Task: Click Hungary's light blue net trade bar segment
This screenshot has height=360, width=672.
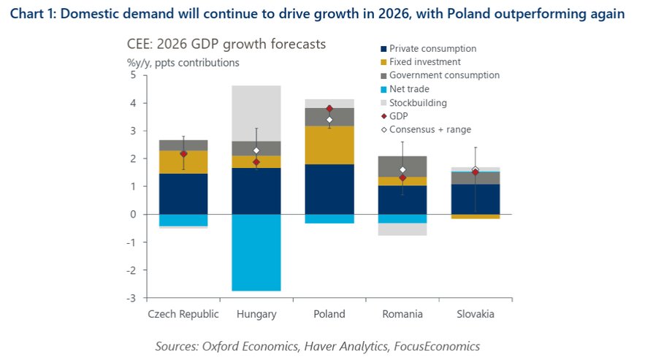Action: click(256, 252)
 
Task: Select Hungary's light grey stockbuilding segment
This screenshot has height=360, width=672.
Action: click(256, 113)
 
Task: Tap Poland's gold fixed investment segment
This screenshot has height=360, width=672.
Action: click(329, 145)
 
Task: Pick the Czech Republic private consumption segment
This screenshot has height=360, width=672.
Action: click(183, 194)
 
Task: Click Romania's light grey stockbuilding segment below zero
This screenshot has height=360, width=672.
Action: click(402, 229)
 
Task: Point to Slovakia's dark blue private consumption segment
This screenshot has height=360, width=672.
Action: click(476, 199)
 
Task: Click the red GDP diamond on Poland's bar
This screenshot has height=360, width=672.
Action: click(329, 109)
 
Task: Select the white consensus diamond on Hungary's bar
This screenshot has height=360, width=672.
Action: click(256, 150)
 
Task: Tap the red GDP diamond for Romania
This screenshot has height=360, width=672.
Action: click(402, 178)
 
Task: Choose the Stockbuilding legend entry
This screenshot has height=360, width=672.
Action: click(418, 103)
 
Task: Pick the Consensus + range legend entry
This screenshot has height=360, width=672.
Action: click(429, 129)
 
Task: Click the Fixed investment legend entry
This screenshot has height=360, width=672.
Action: click(424, 62)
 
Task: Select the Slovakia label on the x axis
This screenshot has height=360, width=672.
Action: click(475, 314)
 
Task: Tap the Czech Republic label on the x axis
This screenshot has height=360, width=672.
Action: click(183, 314)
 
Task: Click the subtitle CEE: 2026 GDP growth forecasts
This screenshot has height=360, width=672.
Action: click(226, 45)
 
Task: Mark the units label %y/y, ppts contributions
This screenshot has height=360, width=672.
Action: click(183, 62)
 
